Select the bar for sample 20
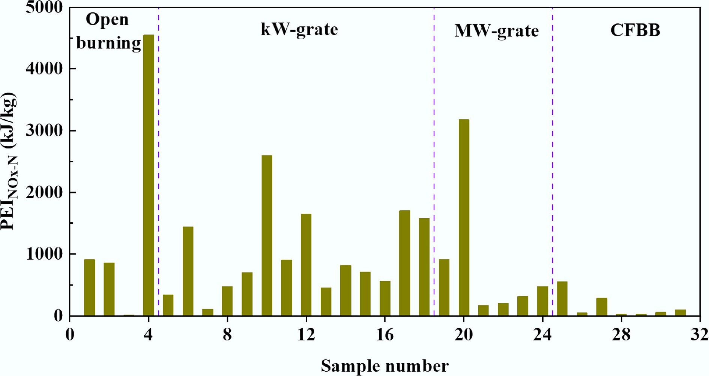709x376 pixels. point(464,217)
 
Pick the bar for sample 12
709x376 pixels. point(306,265)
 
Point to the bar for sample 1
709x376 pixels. point(89,288)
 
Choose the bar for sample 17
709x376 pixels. point(404,263)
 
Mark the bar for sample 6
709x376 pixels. point(188,271)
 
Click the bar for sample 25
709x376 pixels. point(562,298)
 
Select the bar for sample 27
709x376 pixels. point(601,307)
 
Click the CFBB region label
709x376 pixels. point(635,30)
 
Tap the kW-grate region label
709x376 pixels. point(299,29)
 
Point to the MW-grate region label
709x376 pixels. point(496,31)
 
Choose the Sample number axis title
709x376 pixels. point(385,366)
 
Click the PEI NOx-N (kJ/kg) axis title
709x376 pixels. point(9,161)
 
